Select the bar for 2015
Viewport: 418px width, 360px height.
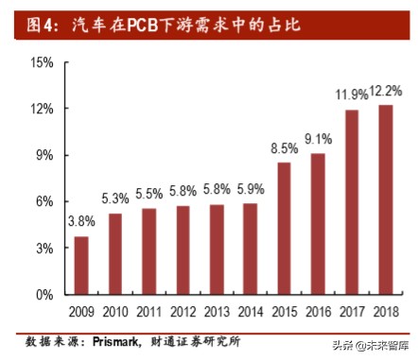(x=284, y=229)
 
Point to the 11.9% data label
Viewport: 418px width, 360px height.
(x=351, y=94)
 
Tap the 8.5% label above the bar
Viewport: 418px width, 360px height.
(x=284, y=147)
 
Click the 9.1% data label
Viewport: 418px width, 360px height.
(x=318, y=138)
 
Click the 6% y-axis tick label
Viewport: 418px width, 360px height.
(x=45, y=202)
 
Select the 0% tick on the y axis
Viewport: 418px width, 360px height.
(x=45, y=295)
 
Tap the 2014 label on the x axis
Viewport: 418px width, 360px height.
(x=250, y=311)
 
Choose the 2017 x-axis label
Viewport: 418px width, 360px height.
(x=352, y=311)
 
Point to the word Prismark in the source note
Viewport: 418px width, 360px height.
(x=112, y=339)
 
